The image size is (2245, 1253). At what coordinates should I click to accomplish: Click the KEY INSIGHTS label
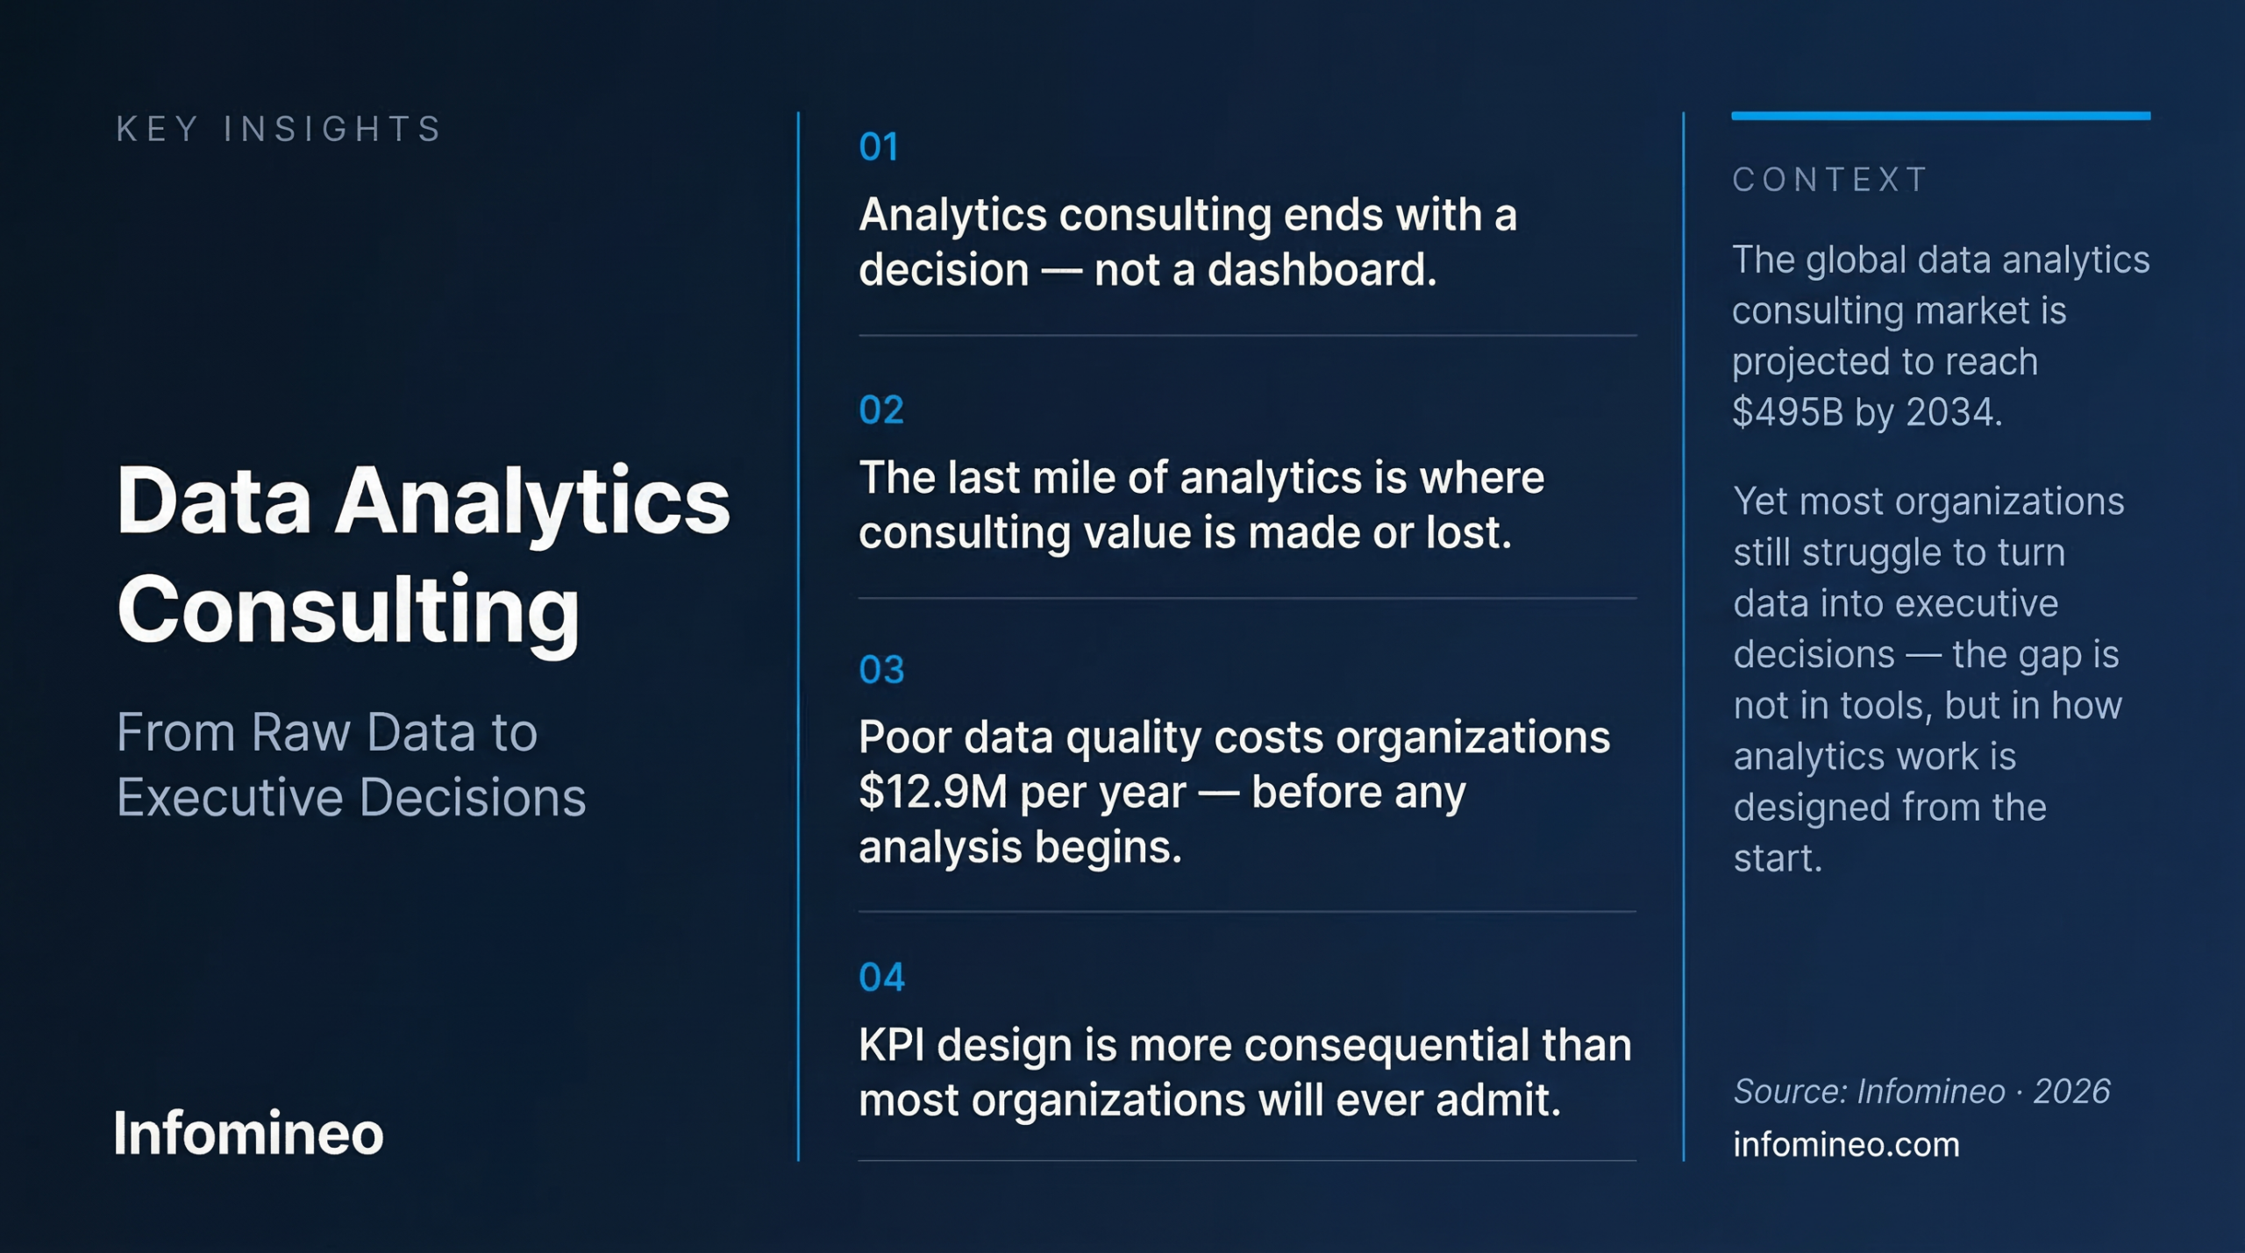point(279,129)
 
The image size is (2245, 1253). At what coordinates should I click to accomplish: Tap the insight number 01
point(879,147)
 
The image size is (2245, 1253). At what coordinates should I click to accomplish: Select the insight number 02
point(881,410)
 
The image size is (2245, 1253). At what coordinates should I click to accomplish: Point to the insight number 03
point(881,671)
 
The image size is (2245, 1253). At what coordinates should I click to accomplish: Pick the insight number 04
point(881,978)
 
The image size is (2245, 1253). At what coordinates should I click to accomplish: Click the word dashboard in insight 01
point(1322,270)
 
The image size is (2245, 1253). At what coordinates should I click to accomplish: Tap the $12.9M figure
point(933,793)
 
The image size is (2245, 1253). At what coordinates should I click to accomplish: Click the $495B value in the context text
point(1787,413)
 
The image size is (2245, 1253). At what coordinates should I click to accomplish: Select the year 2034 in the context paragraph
point(1952,413)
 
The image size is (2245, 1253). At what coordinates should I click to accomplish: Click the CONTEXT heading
point(1830,180)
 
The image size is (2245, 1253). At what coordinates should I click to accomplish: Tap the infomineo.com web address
point(1846,1145)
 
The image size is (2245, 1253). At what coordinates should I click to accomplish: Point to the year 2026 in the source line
point(2071,1093)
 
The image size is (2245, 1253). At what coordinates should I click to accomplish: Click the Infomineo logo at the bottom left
point(249,1134)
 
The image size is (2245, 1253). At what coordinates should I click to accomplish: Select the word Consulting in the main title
point(348,610)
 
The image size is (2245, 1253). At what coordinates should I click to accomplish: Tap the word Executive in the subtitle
point(230,798)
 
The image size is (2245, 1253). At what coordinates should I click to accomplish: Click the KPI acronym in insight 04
point(891,1046)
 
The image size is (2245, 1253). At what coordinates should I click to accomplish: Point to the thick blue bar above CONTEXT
point(1940,116)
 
